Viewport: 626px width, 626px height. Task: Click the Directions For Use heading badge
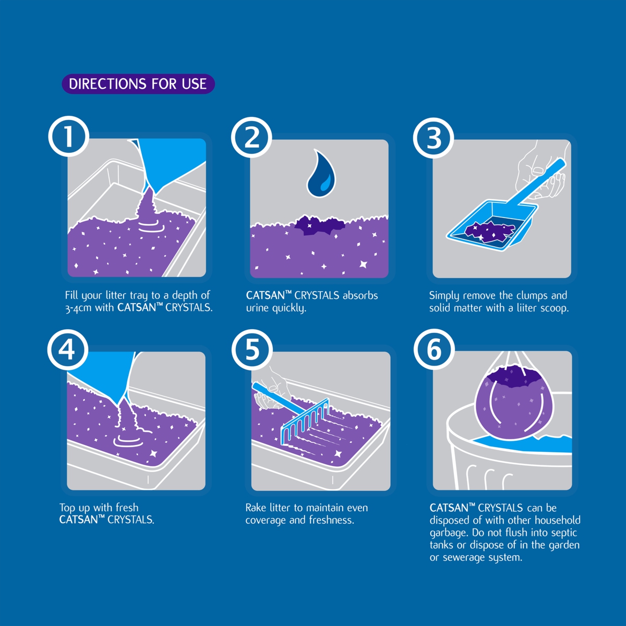pos(138,84)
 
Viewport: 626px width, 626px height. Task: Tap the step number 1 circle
pos(68,137)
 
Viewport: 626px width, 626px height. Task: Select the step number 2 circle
pos(251,137)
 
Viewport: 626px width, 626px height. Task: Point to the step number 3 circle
pos(434,137)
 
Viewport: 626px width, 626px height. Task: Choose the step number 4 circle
pos(68,350)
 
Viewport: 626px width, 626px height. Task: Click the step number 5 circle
pos(252,350)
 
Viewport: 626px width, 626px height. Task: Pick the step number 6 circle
pos(434,350)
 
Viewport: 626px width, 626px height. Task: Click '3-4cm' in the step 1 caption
pos(78,308)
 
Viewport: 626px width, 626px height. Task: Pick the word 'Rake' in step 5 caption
pos(256,508)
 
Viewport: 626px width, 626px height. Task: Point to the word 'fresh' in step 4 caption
pos(127,508)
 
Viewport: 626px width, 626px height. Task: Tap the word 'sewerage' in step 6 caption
pos(465,558)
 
